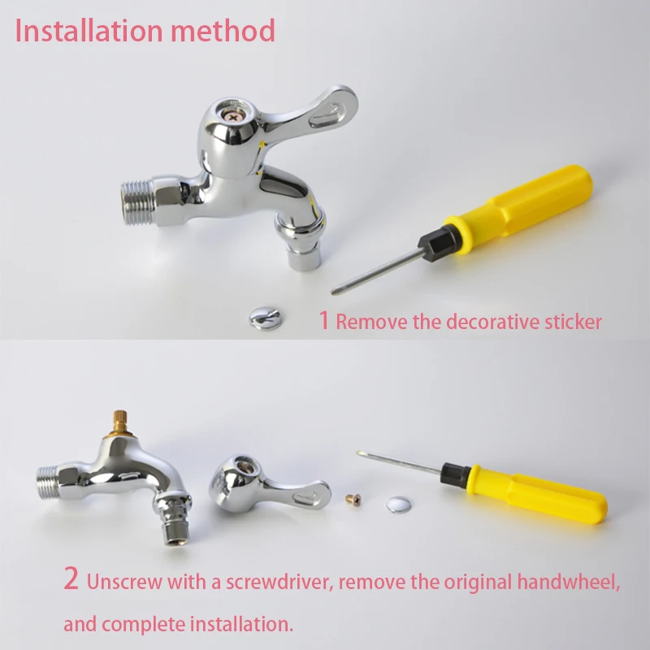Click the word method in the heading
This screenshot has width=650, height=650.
pyautogui.click(x=223, y=31)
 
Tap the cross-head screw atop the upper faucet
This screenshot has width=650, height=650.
pyautogui.click(x=233, y=117)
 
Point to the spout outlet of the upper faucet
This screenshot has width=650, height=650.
pyautogui.click(x=304, y=258)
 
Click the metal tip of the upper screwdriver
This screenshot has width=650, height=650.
pyautogui.click(x=335, y=291)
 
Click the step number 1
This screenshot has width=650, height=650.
pyautogui.click(x=324, y=320)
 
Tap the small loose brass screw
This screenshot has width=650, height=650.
pyautogui.click(x=353, y=500)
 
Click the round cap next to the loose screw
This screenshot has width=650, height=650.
pyautogui.click(x=399, y=505)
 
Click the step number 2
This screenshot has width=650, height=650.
pyautogui.click(x=71, y=578)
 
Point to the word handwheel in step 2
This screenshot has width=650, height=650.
pyautogui.click(x=569, y=582)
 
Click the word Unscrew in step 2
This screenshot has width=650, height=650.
pyautogui.click(x=124, y=582)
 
